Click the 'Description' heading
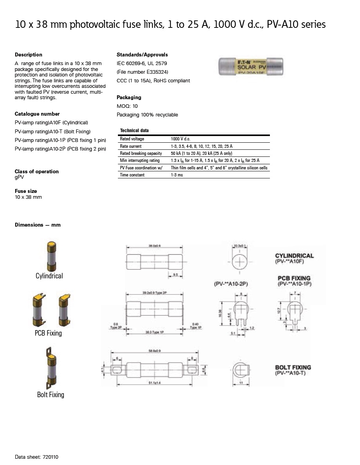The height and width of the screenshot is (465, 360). [29, 54]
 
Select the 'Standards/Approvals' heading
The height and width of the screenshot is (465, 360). [142, 54]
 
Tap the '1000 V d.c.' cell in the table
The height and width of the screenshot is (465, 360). [180, 139]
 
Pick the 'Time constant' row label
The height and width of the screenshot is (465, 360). [132, 175]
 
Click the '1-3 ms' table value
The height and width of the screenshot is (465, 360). [177, 175]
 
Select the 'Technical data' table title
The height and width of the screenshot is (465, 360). [134, 130]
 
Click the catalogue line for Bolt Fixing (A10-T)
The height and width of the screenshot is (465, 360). [52, 131]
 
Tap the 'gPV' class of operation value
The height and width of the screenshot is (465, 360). [19, 177]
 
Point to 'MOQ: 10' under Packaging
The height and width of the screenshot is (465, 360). [127, 106]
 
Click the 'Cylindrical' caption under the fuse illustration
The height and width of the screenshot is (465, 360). [49, 276]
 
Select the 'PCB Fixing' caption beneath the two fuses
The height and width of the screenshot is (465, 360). [49, 333]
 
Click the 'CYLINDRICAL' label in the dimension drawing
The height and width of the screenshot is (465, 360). [295, 256]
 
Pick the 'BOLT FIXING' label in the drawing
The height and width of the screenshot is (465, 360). [293, 367]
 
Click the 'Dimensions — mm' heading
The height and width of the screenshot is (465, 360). [38, 225]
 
